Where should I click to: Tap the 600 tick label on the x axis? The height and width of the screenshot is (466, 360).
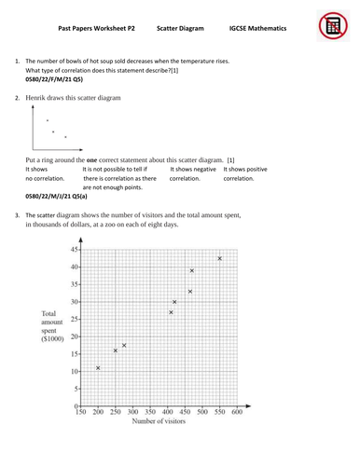(x=236, y=411)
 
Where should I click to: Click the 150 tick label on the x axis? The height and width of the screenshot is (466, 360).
(x=81, y=411)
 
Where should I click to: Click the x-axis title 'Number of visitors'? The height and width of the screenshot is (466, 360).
(x=160, y=422)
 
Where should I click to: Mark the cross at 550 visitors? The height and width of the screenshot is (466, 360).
(x=219, y=258)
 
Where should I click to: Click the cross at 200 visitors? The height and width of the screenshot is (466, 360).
(x=98, y=367)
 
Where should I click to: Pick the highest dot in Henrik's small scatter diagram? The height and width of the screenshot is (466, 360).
(x=48, y=120)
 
